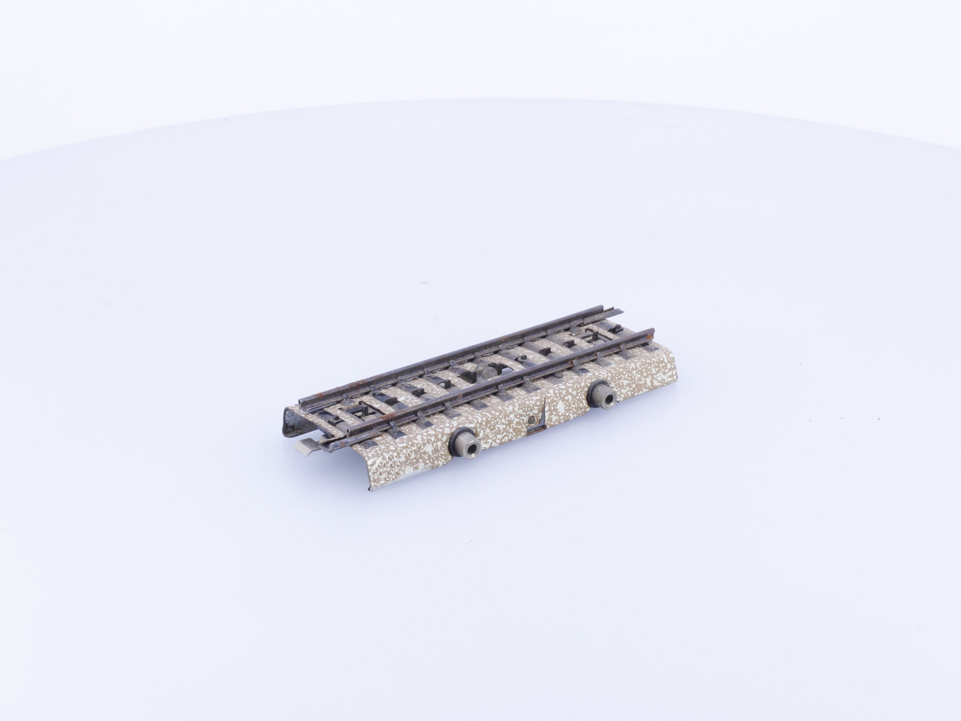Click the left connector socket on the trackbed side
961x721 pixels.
(x=464, y=447)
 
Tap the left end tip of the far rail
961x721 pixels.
(x=301, y=399)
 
